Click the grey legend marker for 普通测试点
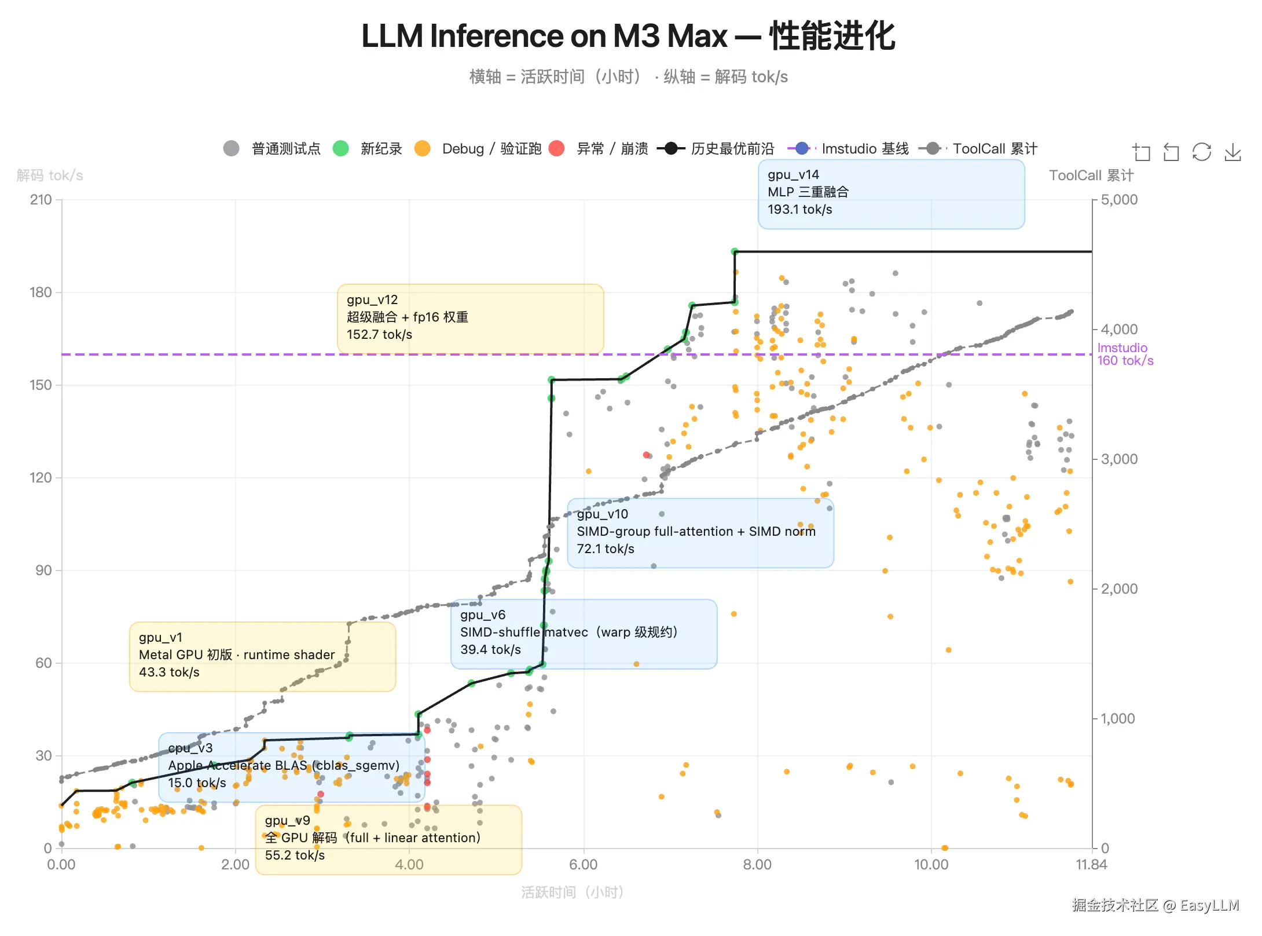232,149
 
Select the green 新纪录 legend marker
341,149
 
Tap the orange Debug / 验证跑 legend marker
423,149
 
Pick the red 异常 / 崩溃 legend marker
556,149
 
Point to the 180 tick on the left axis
41,292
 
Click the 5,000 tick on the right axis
1119,200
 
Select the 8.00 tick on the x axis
757,865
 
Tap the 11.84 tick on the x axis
1091,865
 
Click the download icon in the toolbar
1232,152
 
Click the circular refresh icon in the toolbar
1202,152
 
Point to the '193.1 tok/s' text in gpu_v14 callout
799,210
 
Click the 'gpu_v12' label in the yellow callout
372,300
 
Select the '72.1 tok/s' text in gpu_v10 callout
605,549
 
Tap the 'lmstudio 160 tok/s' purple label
1125,354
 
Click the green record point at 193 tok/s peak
735,251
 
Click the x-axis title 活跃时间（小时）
572,893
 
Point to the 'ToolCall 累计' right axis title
1091,175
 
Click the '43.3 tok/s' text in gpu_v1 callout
169,672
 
